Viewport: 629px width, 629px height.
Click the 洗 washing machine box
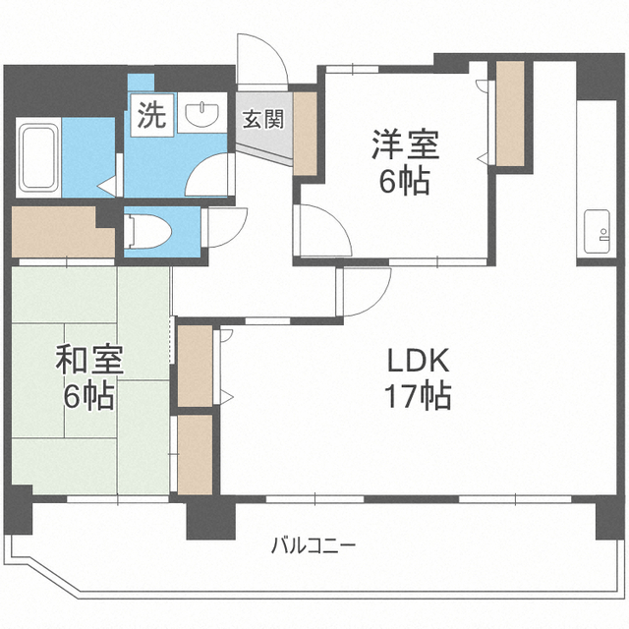click(x=152, y=115)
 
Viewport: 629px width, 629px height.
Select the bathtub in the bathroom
click(x=38, y=157)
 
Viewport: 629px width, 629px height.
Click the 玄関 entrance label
click(x=263, y=119)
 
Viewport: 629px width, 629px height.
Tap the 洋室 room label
click(x=406, y=144)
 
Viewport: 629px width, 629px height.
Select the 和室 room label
click(x=89, y=360)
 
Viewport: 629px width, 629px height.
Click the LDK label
click(x=418, y=361)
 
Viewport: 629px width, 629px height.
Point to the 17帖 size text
click(x=418, y=395)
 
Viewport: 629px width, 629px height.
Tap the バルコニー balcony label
click(x=314, y=545)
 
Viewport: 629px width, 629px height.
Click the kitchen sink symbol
click(x=597, y=232)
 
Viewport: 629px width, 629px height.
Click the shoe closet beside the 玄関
click(x=306, y=134)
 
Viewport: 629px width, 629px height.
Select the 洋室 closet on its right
click(x=510, y=114)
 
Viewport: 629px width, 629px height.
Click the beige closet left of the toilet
click(x=63, y=232)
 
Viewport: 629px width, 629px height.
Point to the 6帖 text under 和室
click(x=89, y=395)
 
